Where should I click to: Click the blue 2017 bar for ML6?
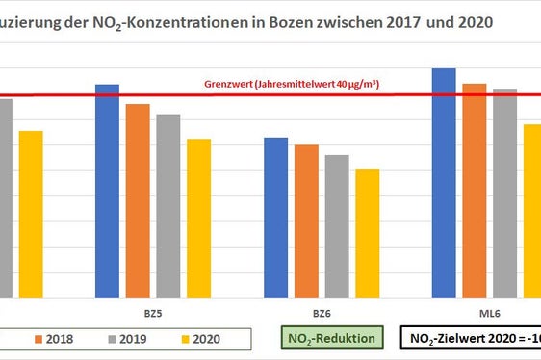[444, 183]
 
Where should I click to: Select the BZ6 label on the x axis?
[321, 314]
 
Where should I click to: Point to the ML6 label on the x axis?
[490, 314]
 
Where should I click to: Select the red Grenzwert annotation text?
[292, 84]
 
